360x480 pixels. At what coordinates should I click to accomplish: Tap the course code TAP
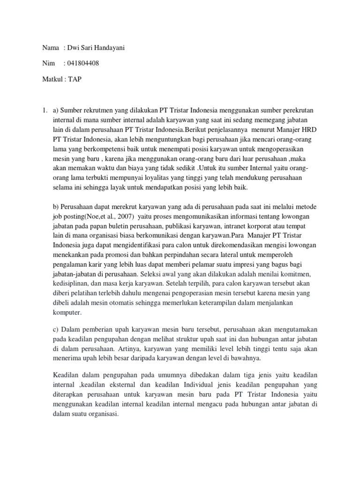click(x=75, y=79)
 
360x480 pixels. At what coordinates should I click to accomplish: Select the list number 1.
click(x=44, y=110)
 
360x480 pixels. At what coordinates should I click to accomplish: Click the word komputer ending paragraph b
click(x=67, y=313)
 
